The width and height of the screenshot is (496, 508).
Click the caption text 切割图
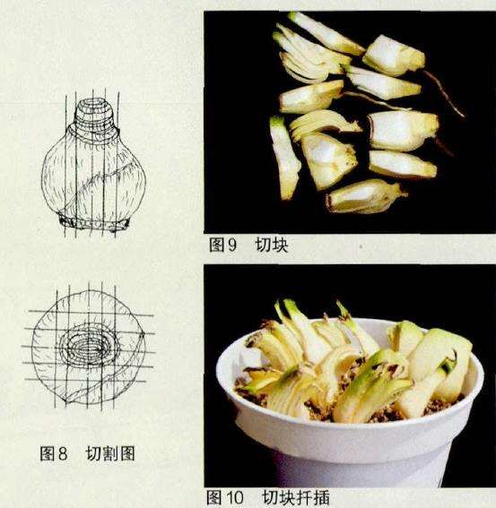[110, 453]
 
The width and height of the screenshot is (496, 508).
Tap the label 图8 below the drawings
[54, 453]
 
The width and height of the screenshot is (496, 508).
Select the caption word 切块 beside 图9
[272, 245]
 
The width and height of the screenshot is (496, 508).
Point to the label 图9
[222, 245]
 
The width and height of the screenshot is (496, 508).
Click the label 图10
[225, 497]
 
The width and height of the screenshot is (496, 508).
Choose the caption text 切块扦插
[295, 497]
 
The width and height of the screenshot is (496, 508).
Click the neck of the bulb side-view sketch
[94, 114]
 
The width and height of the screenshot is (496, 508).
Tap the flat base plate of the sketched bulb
[94, 223]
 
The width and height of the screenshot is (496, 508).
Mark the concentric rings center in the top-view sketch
[89, 348]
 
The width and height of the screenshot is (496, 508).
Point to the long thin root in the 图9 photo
[444, 94]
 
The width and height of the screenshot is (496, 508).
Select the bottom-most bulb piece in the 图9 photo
[365, 196]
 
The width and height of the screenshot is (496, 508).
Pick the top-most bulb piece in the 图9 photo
[326, 33]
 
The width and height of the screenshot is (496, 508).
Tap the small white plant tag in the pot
[252, 358]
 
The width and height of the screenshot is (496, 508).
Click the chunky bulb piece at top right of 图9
[393, 56]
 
